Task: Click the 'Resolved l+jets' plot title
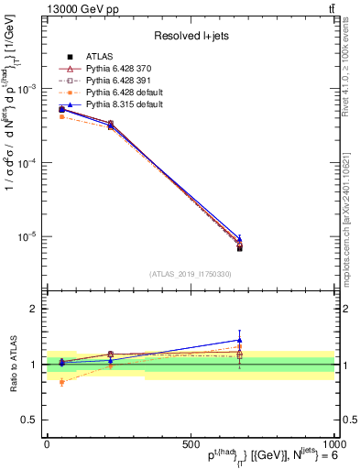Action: click(189, 36)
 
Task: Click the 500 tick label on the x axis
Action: click(191, 444)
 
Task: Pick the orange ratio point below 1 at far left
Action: click(61, 382)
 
